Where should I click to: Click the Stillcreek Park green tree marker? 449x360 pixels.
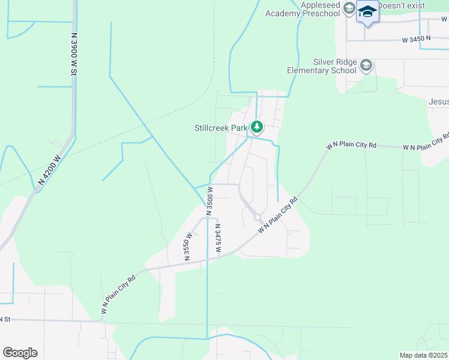(257, 127)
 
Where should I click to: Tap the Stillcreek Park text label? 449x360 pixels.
(220, 128)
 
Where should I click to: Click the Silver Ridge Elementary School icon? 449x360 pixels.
(367, 65)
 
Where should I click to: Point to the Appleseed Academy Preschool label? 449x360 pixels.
(298, 9)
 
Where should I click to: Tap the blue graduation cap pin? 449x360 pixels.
(367, 12)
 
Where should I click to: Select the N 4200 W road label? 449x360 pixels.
(49, 170)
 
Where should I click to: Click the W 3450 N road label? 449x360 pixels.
(417, 39)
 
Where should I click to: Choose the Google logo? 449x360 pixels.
(20, 353)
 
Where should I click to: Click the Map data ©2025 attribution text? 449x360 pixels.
(423, 355)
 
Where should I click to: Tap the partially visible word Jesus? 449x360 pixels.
(439, 102)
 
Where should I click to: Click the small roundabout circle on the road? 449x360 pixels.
(257, 218)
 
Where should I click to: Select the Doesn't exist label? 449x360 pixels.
(401, 5)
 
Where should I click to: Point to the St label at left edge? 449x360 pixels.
(6, 319)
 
